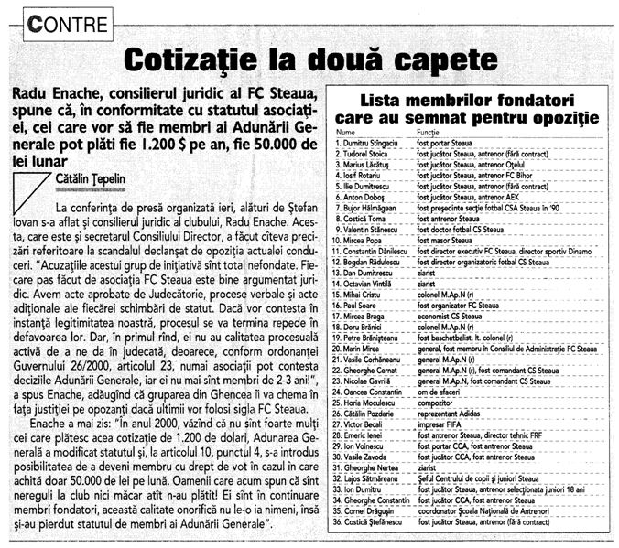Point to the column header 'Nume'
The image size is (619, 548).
click(x=344, y=133)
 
